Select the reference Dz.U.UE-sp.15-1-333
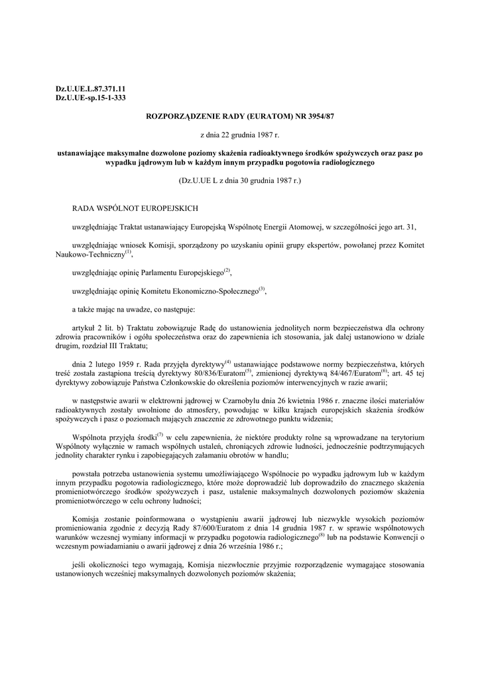point(90,97)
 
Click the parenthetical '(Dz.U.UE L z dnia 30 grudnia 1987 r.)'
point(239,180)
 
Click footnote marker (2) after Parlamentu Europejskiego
point(227,270)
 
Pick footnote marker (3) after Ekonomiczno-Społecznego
point(262,288)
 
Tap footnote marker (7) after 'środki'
point(160,434)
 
